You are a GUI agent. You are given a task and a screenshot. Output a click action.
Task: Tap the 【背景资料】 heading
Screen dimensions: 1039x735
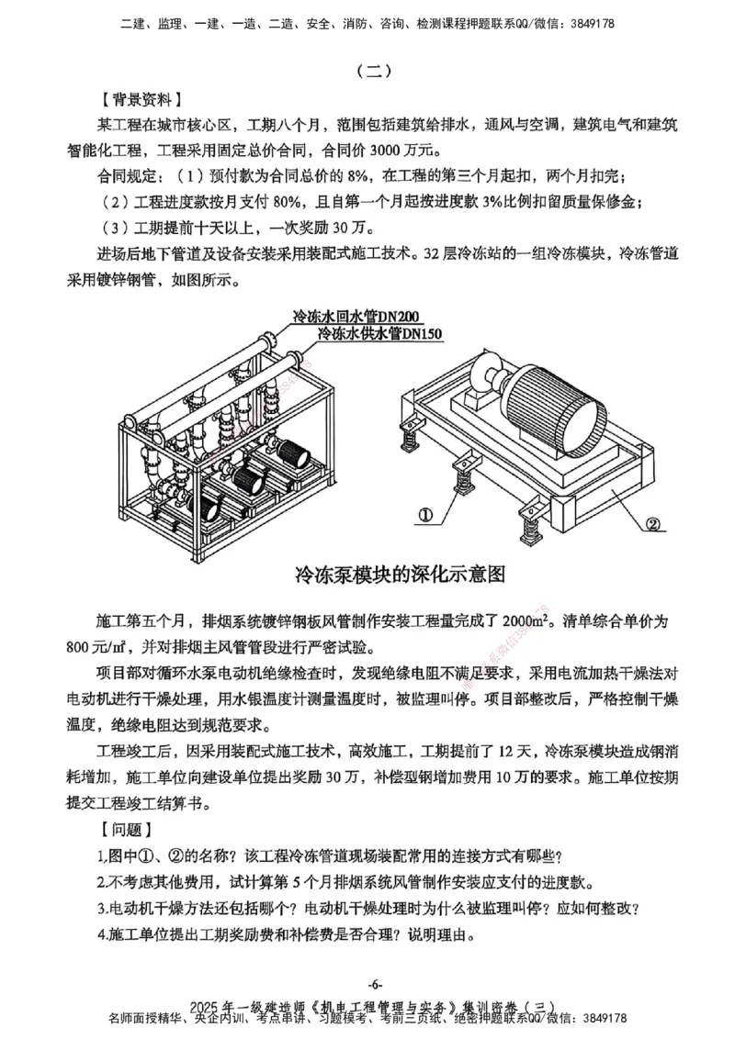[x=141, y=97]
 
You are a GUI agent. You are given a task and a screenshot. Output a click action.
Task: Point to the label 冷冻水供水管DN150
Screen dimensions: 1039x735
[x=379, y=335]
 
